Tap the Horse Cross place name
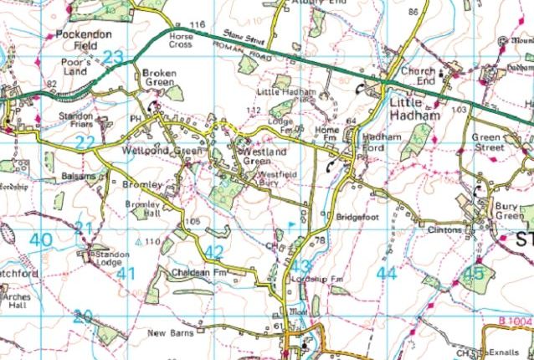[x=181, y=40]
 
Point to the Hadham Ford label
[x=367, y=140]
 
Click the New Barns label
[x=171, y=332]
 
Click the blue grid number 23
[x=112, y=57]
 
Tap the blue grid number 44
[x=386, y=272]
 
